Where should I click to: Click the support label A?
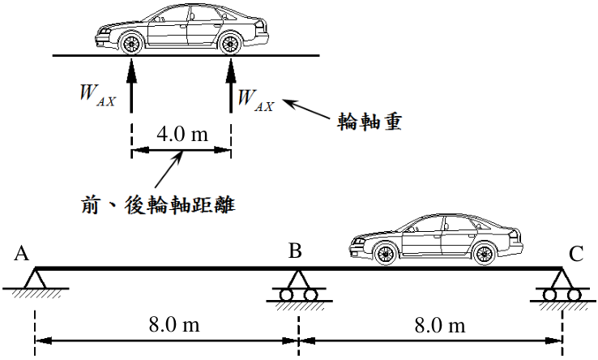pyautogui.click(x=21, y=253)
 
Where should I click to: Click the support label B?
pyautogui.click(x=295, y=251)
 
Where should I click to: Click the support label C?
pyautogui.click(x=576, y=254)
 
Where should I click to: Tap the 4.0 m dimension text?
pyautogui.click(x=182, y=134)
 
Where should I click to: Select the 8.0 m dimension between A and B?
pyautogui.click(x=174, y=325)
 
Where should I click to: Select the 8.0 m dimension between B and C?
pyautogui.click(x=440, y=326)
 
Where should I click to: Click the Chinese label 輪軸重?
pyautogui.click(x=369, y=122)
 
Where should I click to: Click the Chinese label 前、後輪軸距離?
pyautogui.click(x=158, y=205)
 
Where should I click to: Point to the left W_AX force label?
pyautogui.click(x=97, y=95)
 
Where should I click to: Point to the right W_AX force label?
pyautogui.click(x=255, y=101)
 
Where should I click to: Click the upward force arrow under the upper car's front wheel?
pyautogui.click(x=131, y=85)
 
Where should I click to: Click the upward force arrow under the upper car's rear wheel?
pyautogui.click(x=230, y=85)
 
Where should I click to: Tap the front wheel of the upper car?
pyautogui.click(x=131, y=44)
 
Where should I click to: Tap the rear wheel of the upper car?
pyautogui.click(x=230, y=44)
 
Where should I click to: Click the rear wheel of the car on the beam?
pyautogui.click(x=485, y=255)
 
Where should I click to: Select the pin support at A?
pyautogui.click(x=35, y=282)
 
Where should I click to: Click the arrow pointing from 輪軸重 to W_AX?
pyautogui.click(x=306, y=109)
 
